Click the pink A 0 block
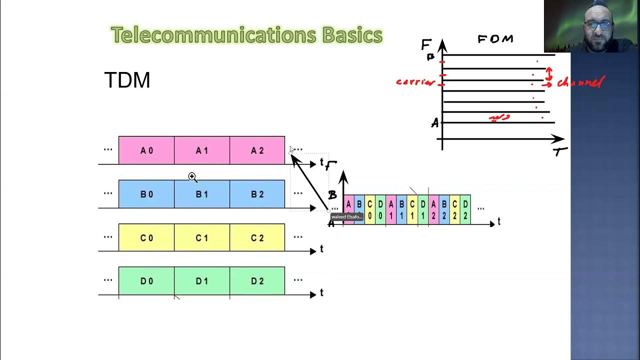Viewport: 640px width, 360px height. pos(146,150)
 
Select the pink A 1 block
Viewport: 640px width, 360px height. pos(202,150)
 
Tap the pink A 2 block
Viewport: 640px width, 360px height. pos(257,150)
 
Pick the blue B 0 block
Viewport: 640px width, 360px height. pos(146,194)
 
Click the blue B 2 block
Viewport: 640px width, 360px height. pos(257,194)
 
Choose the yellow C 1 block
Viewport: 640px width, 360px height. pos(202,237)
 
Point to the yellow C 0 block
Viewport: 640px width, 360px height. pos(146,237)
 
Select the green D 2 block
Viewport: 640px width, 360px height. pos(257,281)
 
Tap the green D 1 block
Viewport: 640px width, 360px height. pos(202,281)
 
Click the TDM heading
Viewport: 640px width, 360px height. pos(127,80)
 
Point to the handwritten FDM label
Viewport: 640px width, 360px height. pos(495,39)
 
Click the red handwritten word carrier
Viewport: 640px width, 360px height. pos(415,82)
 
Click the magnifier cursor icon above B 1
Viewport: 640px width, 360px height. pos(192,177)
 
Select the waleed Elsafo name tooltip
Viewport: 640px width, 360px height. pos(346,217)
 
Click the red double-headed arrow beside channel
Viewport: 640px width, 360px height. pos(548,74)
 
